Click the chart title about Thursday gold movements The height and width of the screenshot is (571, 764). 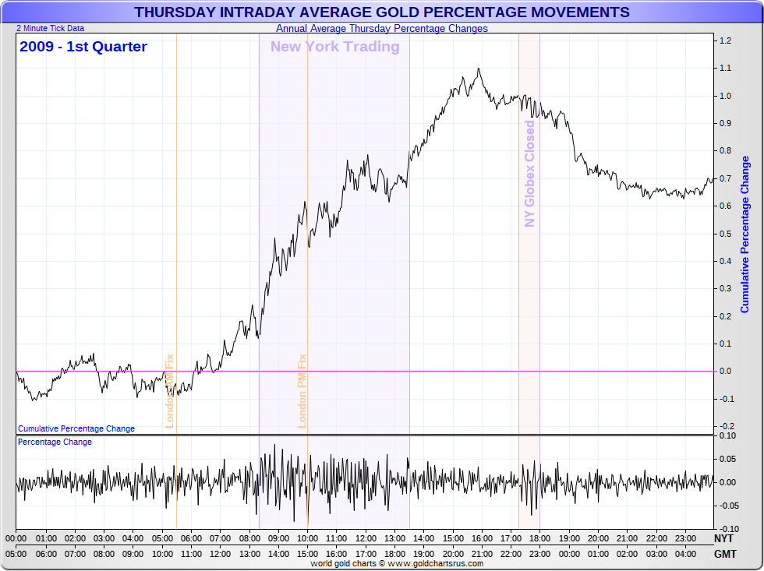381,12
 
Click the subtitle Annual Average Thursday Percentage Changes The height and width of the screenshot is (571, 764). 381,29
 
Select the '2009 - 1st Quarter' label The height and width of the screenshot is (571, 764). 83,47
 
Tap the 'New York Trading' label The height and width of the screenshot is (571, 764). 334,47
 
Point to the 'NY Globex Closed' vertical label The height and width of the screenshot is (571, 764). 530,174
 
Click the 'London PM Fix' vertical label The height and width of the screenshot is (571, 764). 302,391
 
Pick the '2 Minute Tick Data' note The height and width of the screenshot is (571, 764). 50,28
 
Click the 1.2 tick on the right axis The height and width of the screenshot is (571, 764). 725,41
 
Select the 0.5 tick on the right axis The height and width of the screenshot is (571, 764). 725,234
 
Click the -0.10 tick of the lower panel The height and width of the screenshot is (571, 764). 727,529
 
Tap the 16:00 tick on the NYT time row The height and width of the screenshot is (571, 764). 482,538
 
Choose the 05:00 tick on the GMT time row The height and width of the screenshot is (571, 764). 16,553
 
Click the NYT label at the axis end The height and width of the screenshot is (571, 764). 723,538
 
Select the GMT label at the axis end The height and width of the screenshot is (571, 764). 723,553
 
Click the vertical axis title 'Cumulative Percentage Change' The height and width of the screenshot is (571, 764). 745,234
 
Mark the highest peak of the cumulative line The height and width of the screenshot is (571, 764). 478,69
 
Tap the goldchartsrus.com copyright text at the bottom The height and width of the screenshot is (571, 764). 397,563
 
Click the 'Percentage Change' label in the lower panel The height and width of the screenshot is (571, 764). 55,442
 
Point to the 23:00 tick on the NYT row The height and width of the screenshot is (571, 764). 685,538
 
